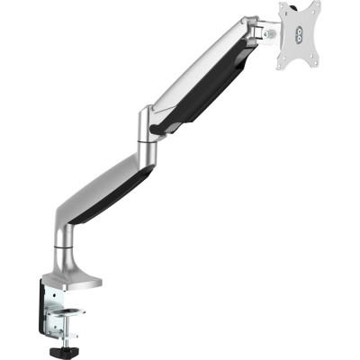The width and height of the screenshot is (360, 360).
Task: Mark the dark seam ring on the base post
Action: pos(68,241)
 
